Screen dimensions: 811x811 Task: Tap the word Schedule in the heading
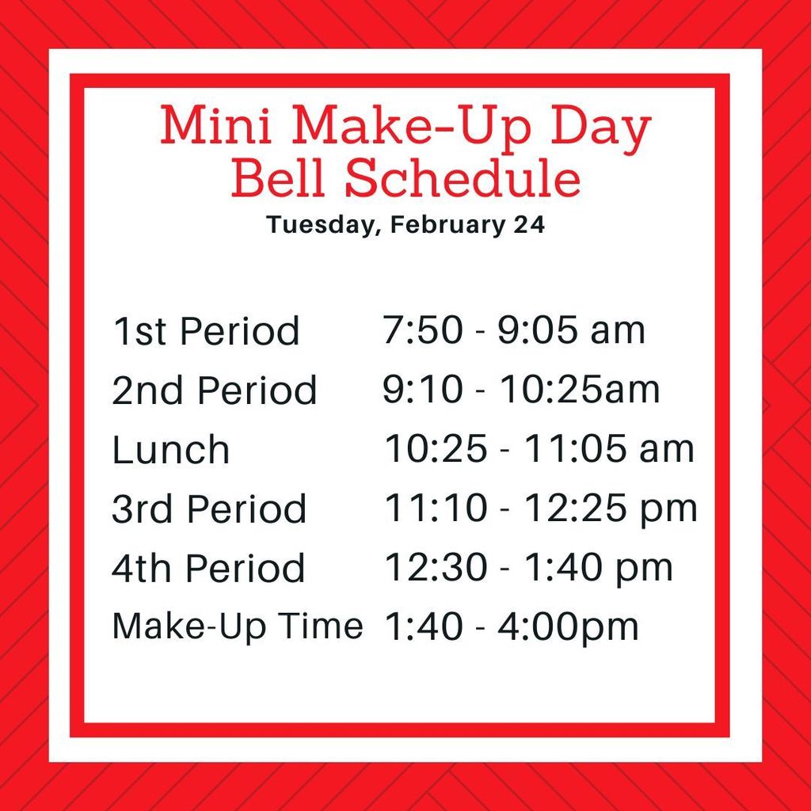tap(463, 179)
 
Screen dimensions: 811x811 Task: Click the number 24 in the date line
tap(529, 225)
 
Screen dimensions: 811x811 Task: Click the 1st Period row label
tap(206, 331)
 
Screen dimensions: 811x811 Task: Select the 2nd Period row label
tap(215, 390)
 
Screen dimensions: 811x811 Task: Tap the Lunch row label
tap(171, 450)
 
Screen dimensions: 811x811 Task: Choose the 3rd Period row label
tap(209, 509)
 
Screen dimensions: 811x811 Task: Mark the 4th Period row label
tap(208, 569)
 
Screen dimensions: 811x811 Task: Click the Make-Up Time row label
tap(238, 626)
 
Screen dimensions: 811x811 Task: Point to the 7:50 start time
tap(422, 330)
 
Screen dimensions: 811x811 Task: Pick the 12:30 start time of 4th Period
tap(436, 568)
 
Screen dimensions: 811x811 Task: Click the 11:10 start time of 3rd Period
tap(436, 508)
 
